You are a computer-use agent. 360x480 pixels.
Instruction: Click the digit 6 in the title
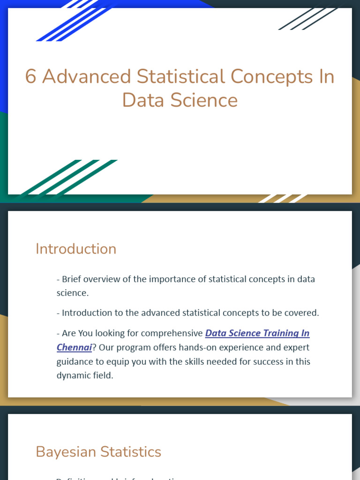pos(30,77)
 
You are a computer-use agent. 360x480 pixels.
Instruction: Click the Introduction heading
pos(76,249)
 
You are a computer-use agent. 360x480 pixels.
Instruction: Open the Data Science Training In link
pos(257,333)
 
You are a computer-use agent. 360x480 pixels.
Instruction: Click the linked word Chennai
pos(74,347)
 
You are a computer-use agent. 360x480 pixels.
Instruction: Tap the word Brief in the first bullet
pos(72,279)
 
